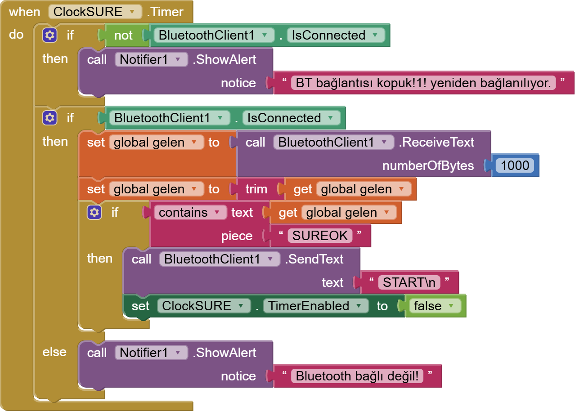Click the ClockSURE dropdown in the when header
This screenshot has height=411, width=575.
pyautogui.click(x=95, y=12)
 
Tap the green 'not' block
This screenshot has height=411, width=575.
pyautogui.click(x=123, y=36)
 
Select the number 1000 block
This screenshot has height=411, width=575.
pyautogui.click(x=515, y=165)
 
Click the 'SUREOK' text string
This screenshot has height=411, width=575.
pyautogui.click(x=320, y=236)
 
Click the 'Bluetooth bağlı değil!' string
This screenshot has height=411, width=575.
pyautogui.click(x=358, y=376)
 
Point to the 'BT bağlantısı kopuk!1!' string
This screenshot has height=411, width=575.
pyautogui.click(x=423, y=83)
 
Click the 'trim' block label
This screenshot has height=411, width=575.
pyautogui.click(x=256, y=189)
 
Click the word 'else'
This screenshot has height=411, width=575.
pyautogui.click(x=54, y=352)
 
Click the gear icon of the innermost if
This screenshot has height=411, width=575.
pyautogui.click(x=94, y=212)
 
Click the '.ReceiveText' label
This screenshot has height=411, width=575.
pyautogui.click(x=436, y=143)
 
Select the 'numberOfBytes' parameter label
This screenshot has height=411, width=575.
pyautogui.click(x=428, y=166)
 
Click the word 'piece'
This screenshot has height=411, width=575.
pyautogui.click(x=237, y=236)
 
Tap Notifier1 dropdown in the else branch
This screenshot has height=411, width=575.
pyautogui.click(x=151, y=353)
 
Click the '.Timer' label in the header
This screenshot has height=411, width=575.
pyautogui.click(x=165, y=12)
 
